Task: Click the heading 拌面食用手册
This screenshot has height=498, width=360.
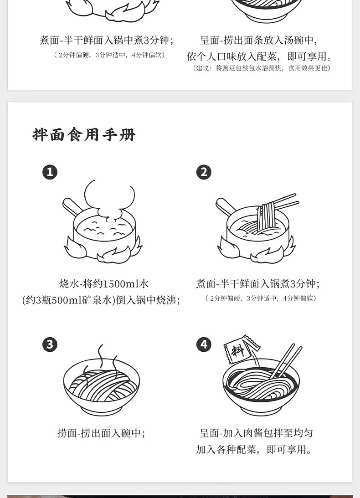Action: pyautogui.click(x=84, y=135)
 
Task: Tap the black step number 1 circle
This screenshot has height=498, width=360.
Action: pyautogui.click(x=50, y=172)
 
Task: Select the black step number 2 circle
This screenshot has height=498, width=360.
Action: pyautogui.click(x=204, y=172)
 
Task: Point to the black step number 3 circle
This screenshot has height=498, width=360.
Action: pyautogui.click(x=50, y=344)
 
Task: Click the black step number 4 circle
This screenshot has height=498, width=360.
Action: pyautogui.click(x=204, y=344)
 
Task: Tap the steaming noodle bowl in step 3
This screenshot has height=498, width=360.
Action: pyautogui.click(x=101, y=383)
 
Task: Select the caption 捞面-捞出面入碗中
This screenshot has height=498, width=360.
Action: pyautogui.click(x=101, y=433)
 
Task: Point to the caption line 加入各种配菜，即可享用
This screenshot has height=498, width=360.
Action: pyautogui.click(x=254, y=449)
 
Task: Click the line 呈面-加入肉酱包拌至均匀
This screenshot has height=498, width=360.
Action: pyautogui.click(x=256, y=433)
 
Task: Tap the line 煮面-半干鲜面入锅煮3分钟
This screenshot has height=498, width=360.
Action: pyautogui.click(x=257, y=283)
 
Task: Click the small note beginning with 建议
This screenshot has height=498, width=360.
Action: pyautogui.click(x=262, y=68)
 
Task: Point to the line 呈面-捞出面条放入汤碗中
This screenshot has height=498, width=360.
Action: pyautogui.click(x=259, y=41)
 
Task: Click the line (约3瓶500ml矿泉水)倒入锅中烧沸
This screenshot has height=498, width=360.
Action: pyautogui.click(x=101, y=300)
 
